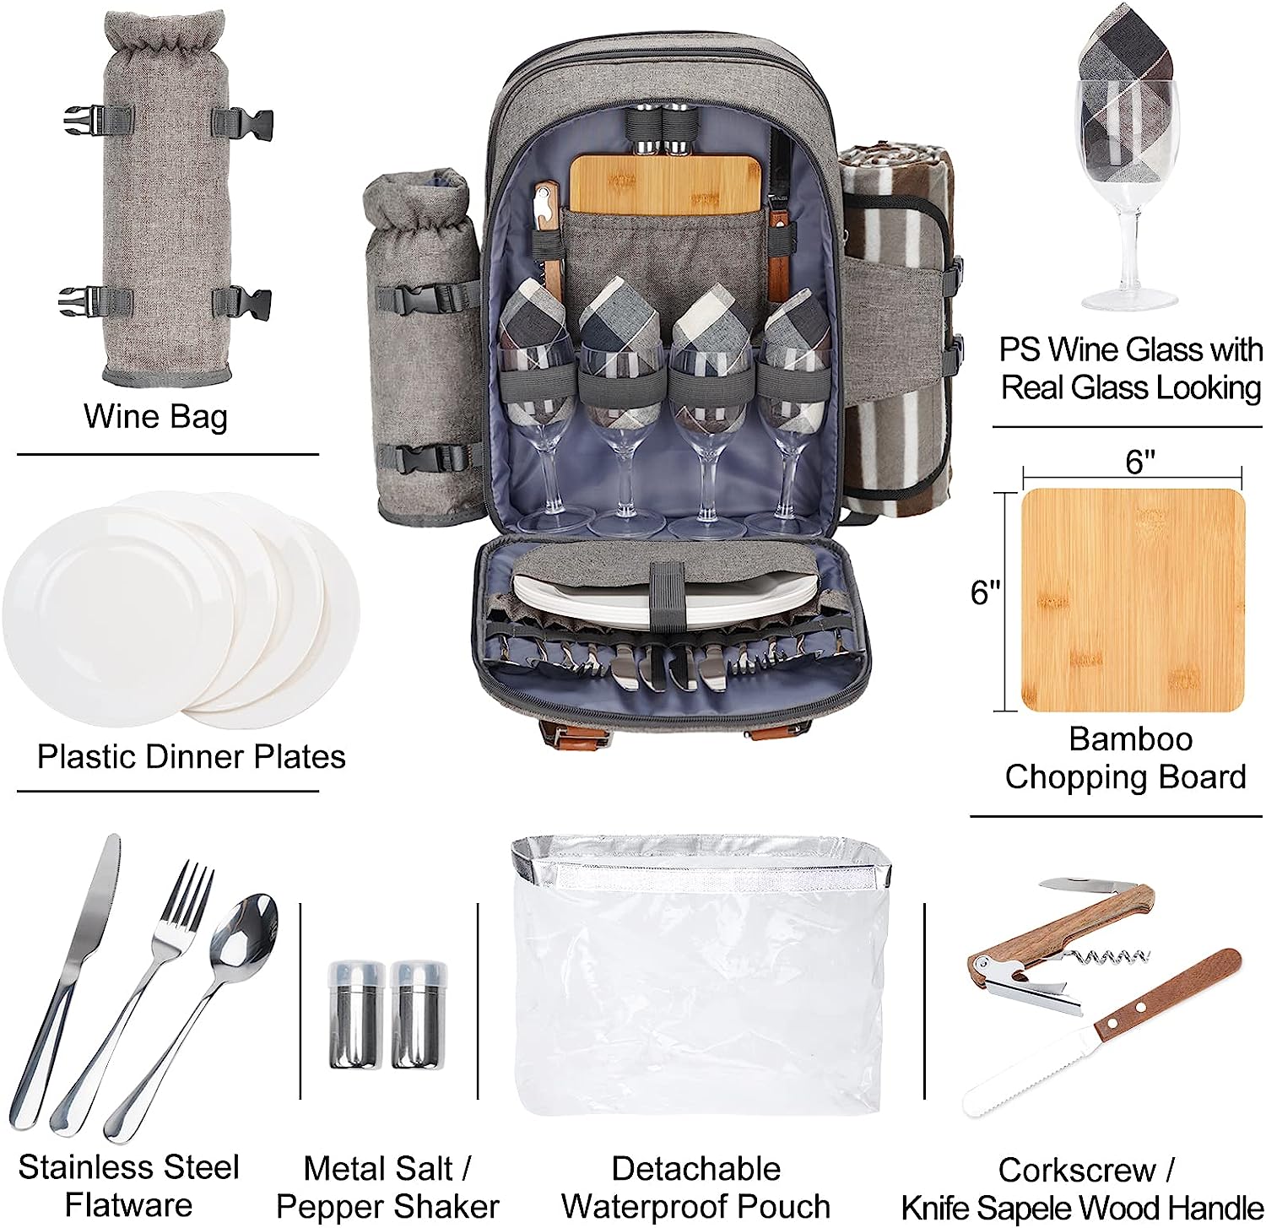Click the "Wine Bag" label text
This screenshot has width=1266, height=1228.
pyautogui.click(x=155, y=417)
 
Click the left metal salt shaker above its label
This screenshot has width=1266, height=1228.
pyautogui.click(x=355, y=1012)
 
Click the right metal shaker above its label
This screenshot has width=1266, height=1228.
pyautogui.click(x=418, y=1012)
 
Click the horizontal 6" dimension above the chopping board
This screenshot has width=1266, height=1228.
pyautogui.click(x=1132, y=463)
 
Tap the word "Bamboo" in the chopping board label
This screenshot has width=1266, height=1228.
pyautogui.click(x=1130, y=739)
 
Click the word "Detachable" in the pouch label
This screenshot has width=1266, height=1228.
pyautogui.click(x=696, y=1169)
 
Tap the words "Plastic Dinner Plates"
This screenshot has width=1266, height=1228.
pyautogui.click(x=192, y=757)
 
